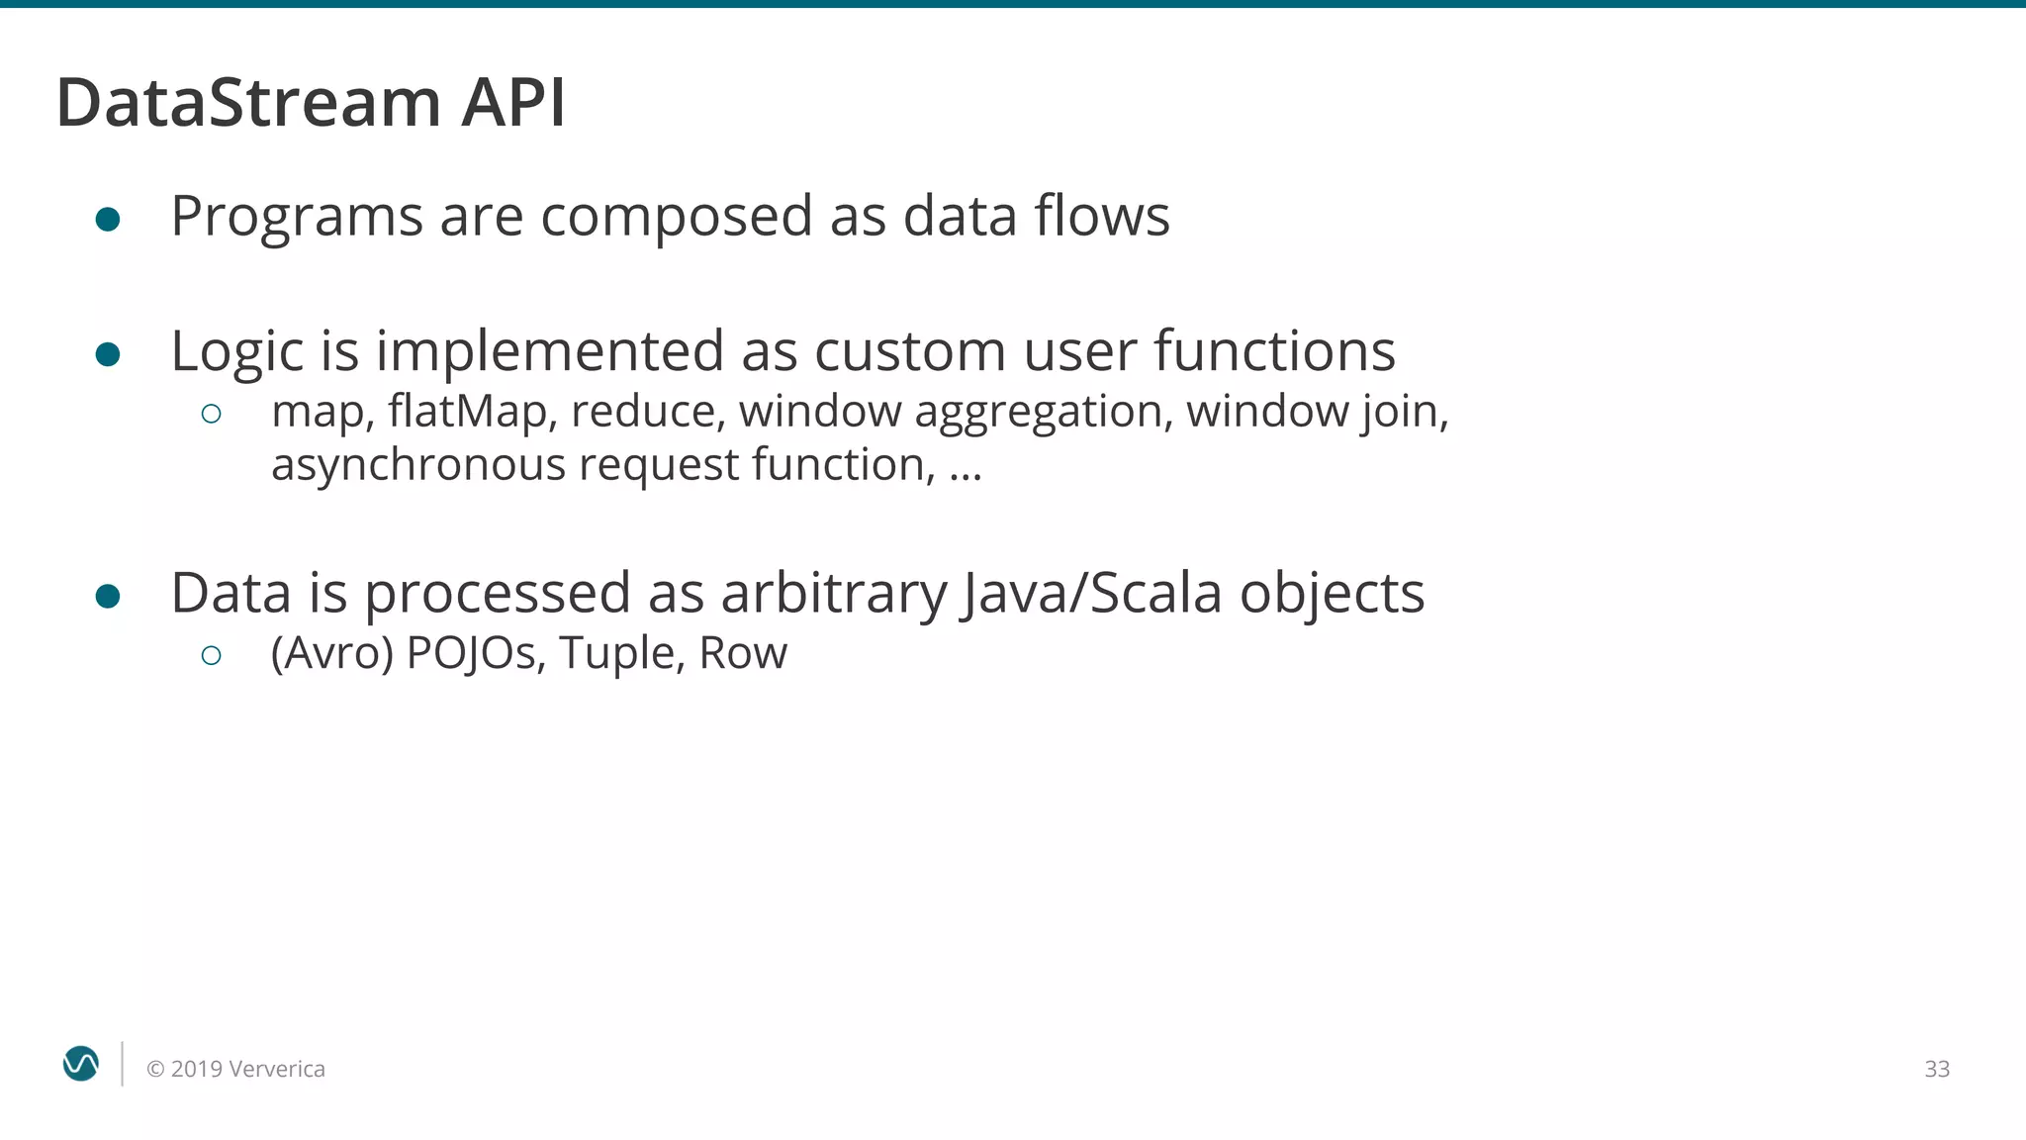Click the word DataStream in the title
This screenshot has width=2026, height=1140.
click(x=248, y=102)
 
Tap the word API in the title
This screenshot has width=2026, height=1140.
click(x=513, y=102)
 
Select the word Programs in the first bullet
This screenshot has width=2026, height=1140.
click(x=297, y=217)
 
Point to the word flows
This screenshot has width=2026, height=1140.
click(x=1102, y=215)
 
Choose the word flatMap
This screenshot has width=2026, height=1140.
click(x=468, y=412)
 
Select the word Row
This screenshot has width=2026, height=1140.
click(x=743, y=653)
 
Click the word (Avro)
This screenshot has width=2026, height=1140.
click(x=332, y=654)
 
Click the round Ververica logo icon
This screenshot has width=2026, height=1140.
click(x=81, y=1064)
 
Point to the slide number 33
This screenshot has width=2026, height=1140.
click(x=1936, y=1069)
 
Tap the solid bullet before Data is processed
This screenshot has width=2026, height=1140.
click(x=108, y=596)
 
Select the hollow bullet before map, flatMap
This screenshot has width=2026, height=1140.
click(x=211, y=414)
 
